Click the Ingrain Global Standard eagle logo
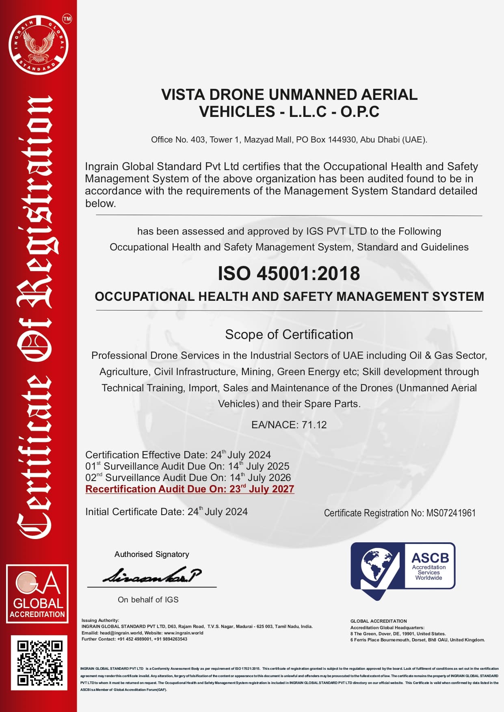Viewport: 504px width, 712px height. tap(38, 45)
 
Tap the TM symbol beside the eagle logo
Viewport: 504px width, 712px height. tap(67, 19)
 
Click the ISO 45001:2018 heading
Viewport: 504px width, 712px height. tap(289, 274)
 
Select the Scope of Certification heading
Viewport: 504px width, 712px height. tap(289, 334)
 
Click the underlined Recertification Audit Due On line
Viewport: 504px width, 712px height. tap(190, 489)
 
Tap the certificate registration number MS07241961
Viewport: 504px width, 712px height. tap(450, 513)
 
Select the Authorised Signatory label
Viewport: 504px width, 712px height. tap(151, 554)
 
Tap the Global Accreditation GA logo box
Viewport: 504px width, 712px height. tap(37, 593)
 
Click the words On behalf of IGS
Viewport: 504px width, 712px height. tap(148, 600)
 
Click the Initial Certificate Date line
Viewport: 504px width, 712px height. tap(166, 511)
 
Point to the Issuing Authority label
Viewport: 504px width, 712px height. tap(100, 620)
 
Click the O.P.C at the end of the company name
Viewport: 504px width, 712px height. tap(359, 112)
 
